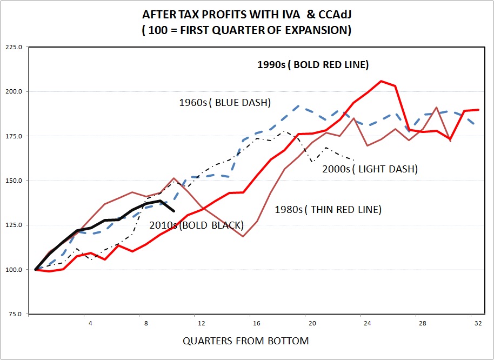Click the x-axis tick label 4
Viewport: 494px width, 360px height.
[x=91, y=323]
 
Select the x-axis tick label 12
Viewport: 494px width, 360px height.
[x=202, y=323]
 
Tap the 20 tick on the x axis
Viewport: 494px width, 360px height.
[x=312, y=323]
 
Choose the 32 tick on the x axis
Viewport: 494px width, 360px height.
[x=478, y=323]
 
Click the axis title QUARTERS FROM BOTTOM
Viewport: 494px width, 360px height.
[x=246, y=341]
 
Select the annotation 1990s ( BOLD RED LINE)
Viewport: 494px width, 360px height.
[x=312, y=65]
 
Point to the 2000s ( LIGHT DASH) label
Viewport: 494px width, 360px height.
[x=370, y=169]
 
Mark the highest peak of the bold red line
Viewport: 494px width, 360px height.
[x=381, y=81]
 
